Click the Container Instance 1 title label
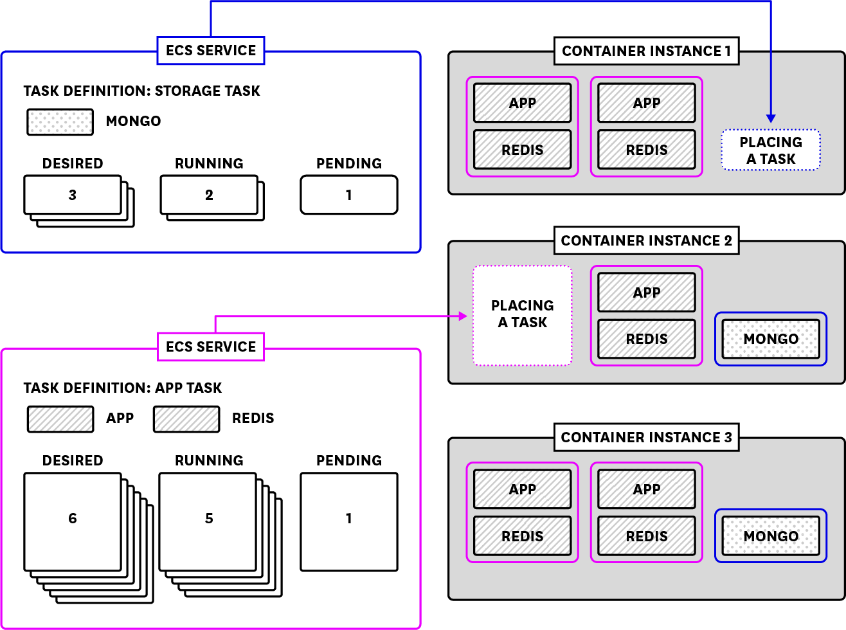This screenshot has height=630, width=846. point(646,51)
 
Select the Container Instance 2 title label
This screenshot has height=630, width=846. point(646,240)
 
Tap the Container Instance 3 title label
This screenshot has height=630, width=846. point(646,437)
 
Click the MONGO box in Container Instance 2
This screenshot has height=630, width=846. point(771,339)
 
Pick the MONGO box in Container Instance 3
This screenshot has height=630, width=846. point(771,536)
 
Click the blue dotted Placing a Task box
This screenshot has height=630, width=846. point(771,150)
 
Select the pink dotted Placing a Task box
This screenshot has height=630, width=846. point(522,315)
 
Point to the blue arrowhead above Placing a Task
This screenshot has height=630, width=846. point(771,118)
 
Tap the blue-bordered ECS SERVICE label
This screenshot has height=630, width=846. point(211,51)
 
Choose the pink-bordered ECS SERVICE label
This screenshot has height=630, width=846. point(211,347)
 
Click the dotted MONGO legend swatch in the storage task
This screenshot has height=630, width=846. point(60,122)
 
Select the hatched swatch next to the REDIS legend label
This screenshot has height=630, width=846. point(186,419)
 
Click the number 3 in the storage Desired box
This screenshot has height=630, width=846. point(73,195)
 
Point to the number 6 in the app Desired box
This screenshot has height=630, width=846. point(73,518)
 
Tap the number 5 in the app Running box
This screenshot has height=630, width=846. point(209,518)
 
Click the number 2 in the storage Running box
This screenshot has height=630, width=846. point(209,195)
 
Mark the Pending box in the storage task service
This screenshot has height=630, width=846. point(349,195)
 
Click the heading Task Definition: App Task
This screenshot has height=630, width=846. point(123,388)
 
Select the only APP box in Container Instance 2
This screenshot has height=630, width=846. point(646,292)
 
